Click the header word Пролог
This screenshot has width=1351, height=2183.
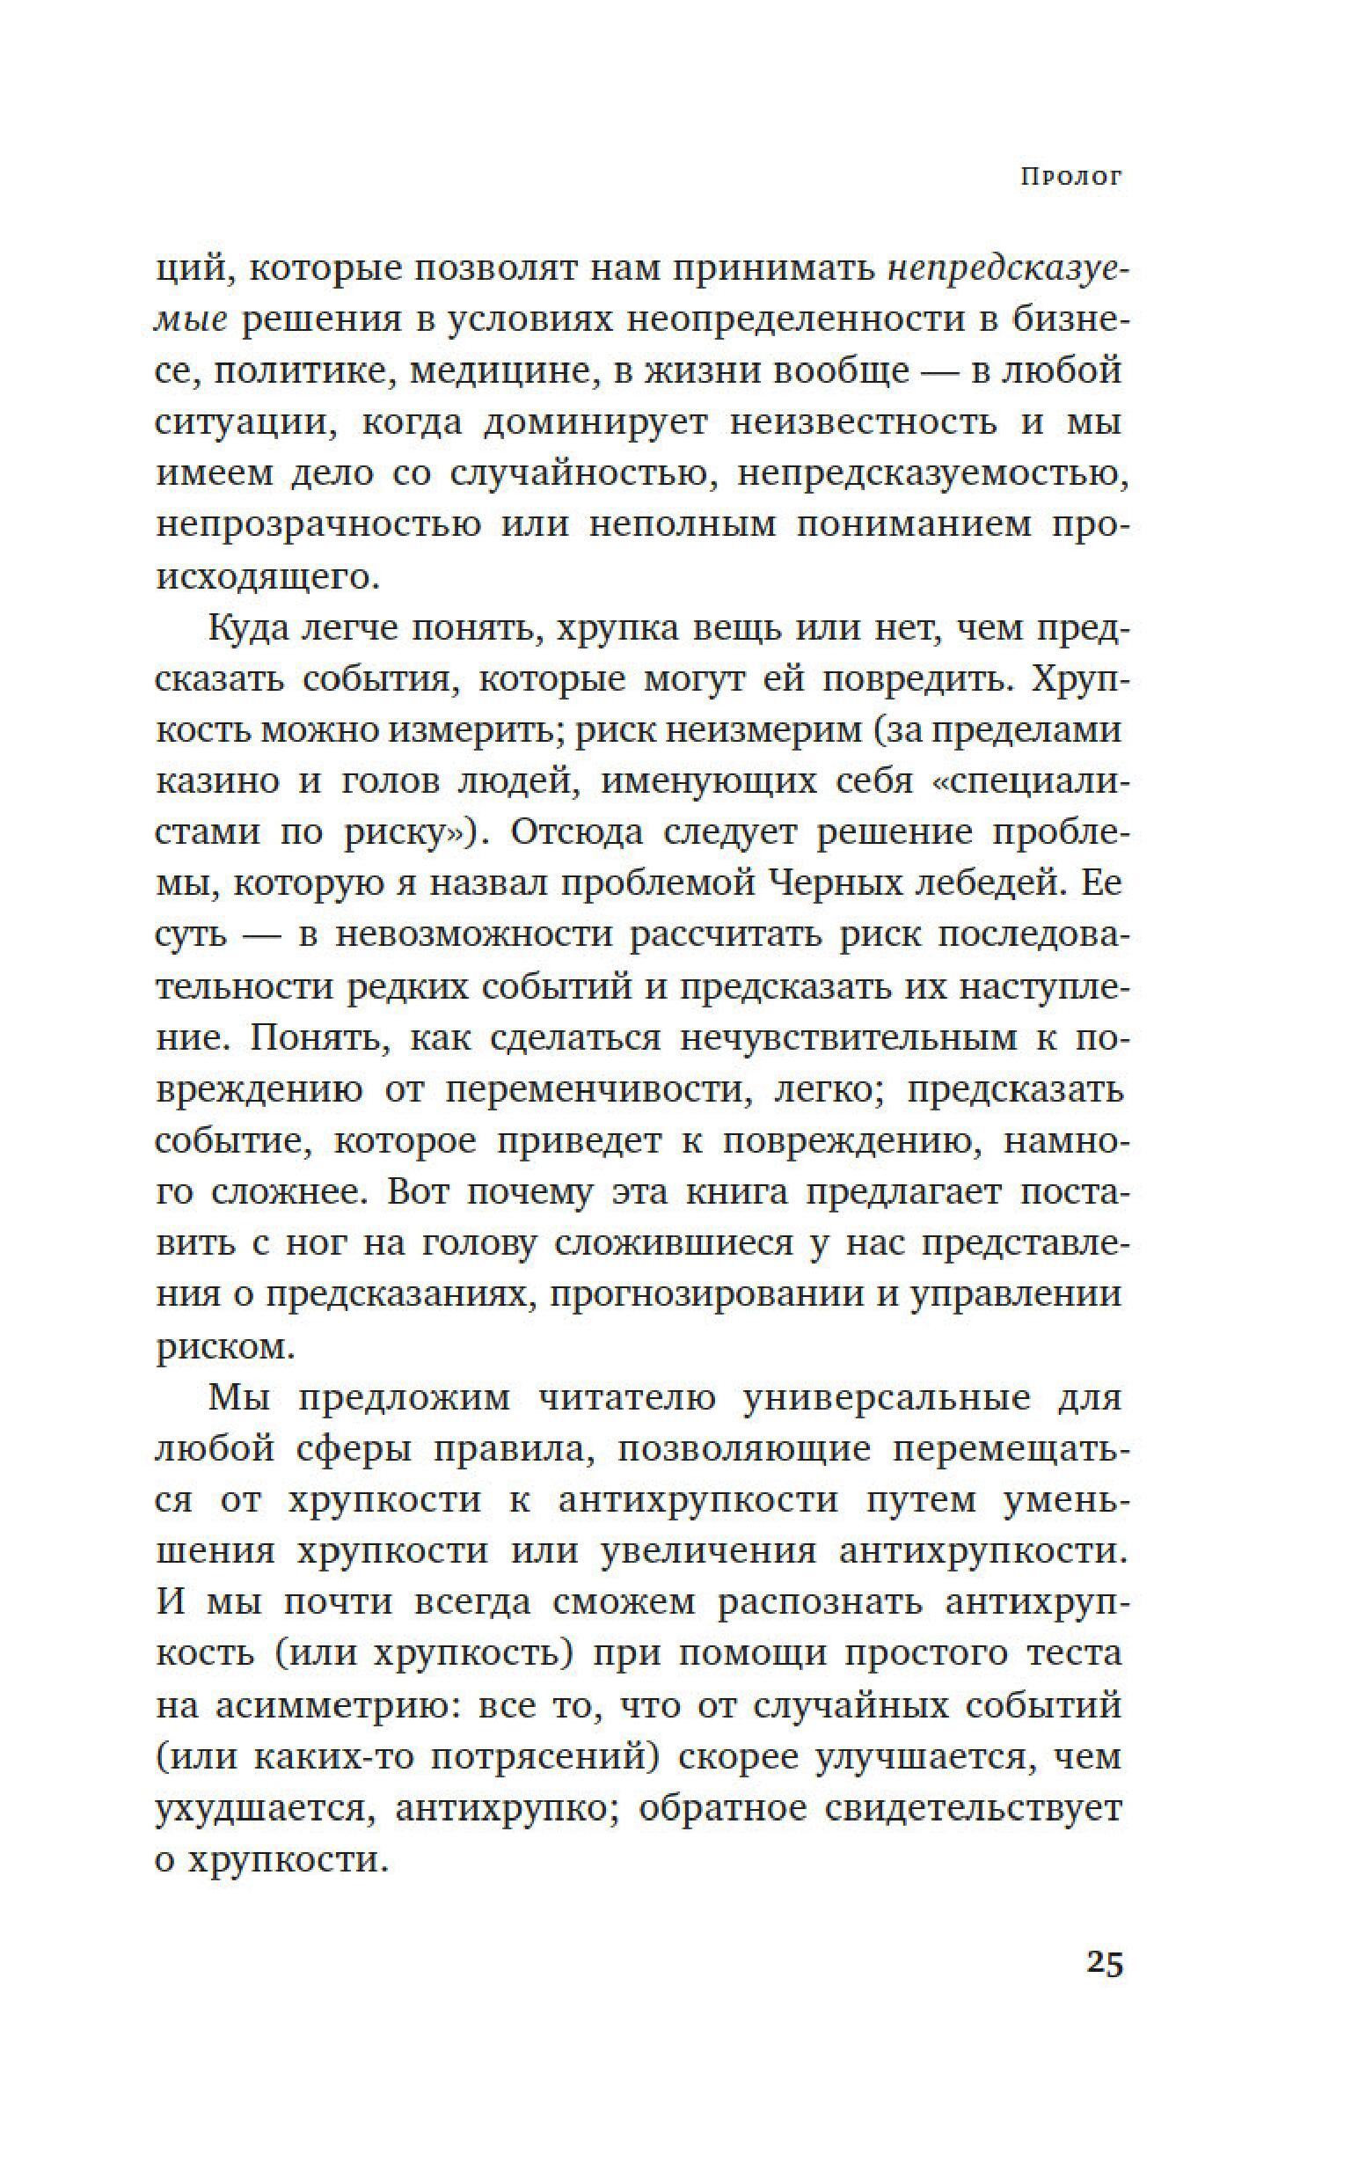1070,177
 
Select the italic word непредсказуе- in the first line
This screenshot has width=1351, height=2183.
1008,269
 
